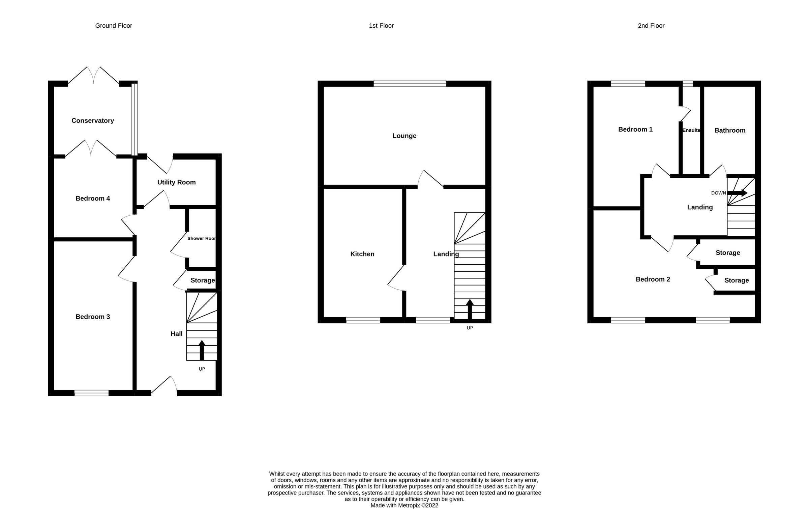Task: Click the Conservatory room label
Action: point(93,121)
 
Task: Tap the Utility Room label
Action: point(176,182)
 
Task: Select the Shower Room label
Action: point(202,238)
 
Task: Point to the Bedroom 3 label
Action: point(93,317)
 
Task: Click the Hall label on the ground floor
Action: point(176,334)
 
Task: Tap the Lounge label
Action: point(404,136)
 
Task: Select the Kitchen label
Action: point(362,254)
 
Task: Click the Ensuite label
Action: point(691,130)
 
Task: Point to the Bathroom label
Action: point(730,130)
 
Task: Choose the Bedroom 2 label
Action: point(653,279)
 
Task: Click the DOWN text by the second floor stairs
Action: point(718,193)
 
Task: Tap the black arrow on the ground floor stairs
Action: point(202,350)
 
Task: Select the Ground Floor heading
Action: point(114,26)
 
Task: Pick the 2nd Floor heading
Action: point(651,26)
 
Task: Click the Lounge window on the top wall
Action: point(410,84)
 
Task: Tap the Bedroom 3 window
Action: point(91,393)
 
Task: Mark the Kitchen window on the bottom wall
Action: point(363,320)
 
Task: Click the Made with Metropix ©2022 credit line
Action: point(404,505)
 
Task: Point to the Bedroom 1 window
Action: point(628,84)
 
